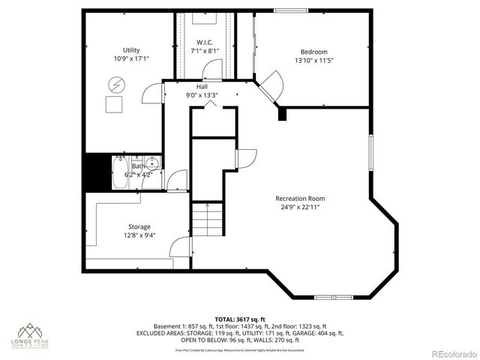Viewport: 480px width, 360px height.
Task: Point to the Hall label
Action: point(202,88)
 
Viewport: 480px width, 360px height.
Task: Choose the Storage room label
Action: point(139,226)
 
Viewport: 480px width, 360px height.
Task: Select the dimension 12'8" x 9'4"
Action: point(139,235)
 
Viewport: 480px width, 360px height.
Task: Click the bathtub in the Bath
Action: point(122,172)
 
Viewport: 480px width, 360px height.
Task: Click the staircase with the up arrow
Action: point(207,219)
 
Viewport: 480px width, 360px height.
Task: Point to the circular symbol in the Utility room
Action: point(116,83)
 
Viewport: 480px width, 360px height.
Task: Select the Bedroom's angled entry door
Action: point(270,84)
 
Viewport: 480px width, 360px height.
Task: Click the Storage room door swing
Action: point(179,247)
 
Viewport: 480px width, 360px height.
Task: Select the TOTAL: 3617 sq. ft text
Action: point(239,319)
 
